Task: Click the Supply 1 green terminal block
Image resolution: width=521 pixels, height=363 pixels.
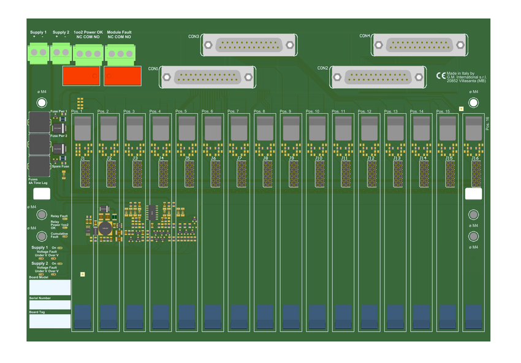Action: click(38, 53)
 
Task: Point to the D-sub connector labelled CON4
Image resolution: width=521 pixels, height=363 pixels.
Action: click(420, 44)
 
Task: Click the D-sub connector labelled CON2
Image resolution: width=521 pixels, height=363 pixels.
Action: click(378, 77)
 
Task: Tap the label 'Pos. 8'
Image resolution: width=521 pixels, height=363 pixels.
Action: click(259, 112)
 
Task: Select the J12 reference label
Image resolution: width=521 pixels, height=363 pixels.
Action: click(371, 158)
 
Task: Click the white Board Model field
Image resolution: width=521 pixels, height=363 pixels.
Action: click(50, 287)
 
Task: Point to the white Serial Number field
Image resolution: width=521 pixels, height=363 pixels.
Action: click(50, 305)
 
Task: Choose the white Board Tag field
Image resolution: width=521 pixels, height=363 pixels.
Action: click(50, 319)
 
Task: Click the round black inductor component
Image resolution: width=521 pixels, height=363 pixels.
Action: click(106, 228)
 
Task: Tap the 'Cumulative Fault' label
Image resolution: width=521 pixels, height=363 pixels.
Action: click(59, 235)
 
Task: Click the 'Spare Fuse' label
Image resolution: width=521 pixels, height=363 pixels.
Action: click(60, 166)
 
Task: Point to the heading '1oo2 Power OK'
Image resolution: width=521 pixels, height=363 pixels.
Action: click(88, 32)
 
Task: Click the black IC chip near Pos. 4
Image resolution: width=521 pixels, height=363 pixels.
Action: click(151, 212)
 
